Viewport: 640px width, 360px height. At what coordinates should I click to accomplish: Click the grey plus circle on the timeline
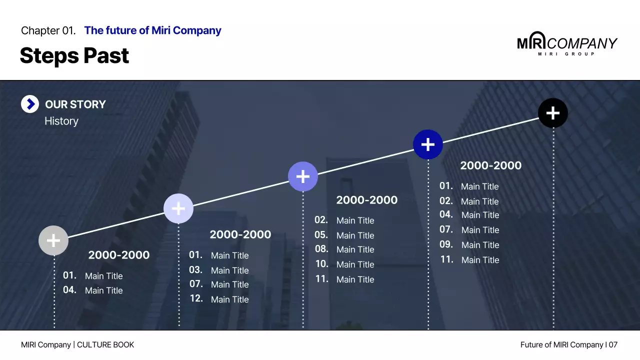(53, 240)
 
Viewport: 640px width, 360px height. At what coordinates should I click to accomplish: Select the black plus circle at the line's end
(553, 113)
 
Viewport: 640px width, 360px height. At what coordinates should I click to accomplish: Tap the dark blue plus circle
(428, 144)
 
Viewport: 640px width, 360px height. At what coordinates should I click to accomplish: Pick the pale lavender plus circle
(178, 208)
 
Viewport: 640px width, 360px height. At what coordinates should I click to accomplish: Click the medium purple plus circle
(303, 176)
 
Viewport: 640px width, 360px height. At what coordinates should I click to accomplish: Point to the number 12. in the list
(196, 298)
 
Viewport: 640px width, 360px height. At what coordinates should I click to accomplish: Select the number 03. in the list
(196, 270)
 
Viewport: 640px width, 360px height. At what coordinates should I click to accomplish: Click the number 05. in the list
(321, 235)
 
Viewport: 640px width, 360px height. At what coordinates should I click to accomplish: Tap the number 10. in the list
(321, 264)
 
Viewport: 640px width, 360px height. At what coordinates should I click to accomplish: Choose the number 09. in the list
(446, 244)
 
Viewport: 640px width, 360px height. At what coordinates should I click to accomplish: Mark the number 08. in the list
(321, 249)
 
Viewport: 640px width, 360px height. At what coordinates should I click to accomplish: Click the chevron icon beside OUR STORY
(30, 104)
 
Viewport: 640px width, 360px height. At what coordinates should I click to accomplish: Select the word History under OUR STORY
(61, 121)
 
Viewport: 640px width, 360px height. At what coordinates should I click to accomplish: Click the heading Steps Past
(74, 55)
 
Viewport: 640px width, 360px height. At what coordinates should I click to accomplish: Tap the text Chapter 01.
(48, 30)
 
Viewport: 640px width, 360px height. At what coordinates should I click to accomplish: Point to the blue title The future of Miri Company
(152, 30)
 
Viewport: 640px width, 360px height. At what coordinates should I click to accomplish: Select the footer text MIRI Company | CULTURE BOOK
(77, 344)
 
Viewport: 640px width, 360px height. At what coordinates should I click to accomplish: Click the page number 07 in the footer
(613, 344)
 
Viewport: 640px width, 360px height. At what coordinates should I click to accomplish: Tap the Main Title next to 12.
(229, 299)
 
